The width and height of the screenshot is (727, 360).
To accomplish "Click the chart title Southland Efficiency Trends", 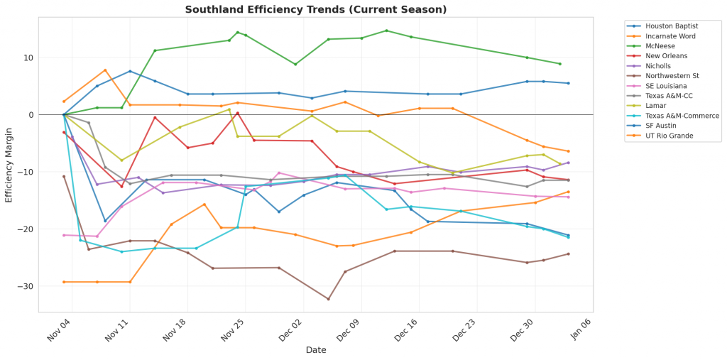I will click(x=316, y=10).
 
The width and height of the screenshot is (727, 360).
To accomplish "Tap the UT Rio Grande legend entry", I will click(x=669, y=136).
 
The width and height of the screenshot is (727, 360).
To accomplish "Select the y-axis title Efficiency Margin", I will click(x=9, y=164).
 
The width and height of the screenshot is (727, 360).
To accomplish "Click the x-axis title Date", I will click(x=316, y=350).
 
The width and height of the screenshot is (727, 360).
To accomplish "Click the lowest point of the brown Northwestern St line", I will click(x=328, y=299).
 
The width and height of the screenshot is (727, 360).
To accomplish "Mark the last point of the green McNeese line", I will click(x=559, y=64).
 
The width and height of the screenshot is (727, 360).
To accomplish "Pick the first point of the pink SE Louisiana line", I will click(x=64, y=235).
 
